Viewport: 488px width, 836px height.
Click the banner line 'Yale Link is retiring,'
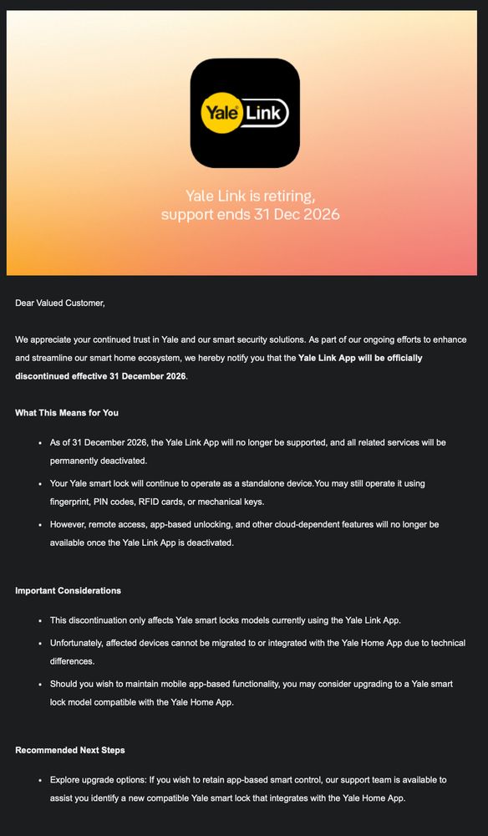click(250, 196)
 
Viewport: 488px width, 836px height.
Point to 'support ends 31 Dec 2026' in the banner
click(250, 215)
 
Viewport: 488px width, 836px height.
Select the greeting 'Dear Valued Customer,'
click(60, 303)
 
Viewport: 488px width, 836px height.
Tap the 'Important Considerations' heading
click(68, 591)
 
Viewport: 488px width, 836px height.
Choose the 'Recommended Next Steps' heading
click(70, 750)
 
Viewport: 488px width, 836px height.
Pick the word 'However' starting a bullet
click(69, 524)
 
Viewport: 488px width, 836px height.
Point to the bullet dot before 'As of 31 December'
click(40, 442)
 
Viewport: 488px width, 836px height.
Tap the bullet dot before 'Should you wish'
click(40, 684)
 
